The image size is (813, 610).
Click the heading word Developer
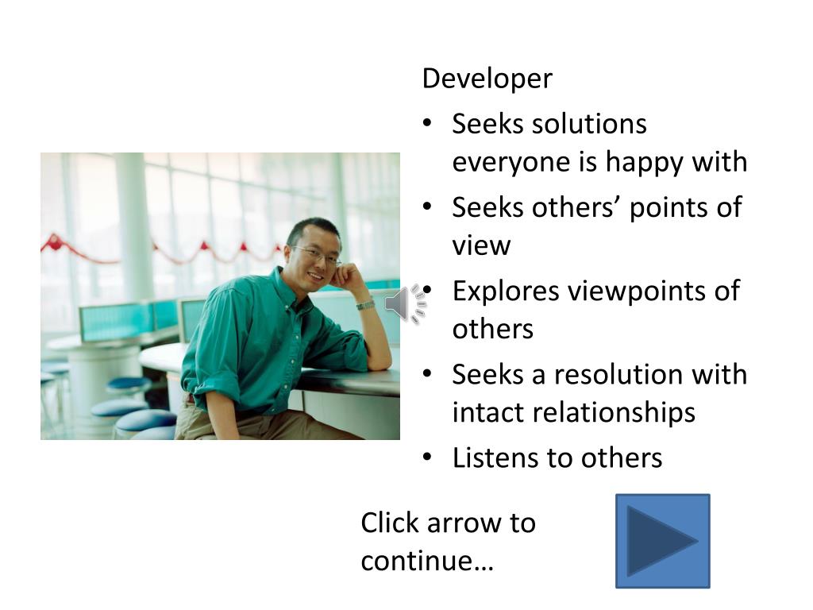(x=487, y=79)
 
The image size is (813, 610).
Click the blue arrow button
(x=663, y=541)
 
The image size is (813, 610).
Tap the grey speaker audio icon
(x=406, y=304)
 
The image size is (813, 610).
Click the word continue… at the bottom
(x=427, y=562)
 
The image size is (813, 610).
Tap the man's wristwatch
(x=365, y=305)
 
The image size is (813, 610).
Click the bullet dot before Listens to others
(x=427, y=457)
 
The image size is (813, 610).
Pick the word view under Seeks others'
(x=481, y=246)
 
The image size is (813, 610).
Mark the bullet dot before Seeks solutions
(x=427, y=123)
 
